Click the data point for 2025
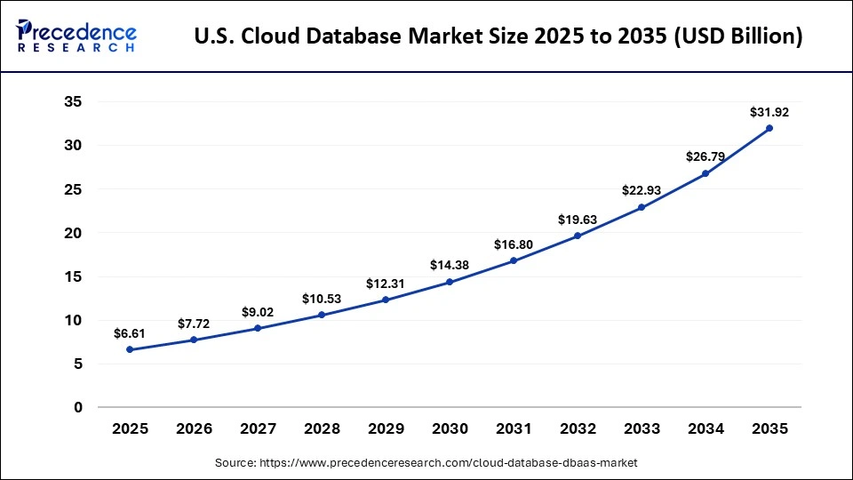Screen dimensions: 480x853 pyautogui.click(x=130, y=349)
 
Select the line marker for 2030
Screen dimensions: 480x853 pyautogui.click(x=450, y=282)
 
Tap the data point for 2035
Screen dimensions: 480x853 pyautogui.click(x=769, y=128)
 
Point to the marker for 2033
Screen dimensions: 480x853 pyautogui.click(x=642, y=207)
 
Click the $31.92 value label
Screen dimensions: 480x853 pyautogui.click(x=769, y=113)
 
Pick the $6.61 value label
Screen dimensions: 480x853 pyautogui.click(x=130, y=333)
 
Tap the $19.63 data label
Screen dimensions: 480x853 pyautogui.click(x=578, y=219)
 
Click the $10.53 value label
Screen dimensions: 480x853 pyautogui.click(x=321, y=298)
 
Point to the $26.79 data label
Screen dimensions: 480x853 pyautogui.click(x=706, y=156)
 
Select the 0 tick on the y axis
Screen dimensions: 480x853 pyautogui.click(x=78, y=407)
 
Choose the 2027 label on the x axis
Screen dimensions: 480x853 pyautogui.click(x=258, y=428)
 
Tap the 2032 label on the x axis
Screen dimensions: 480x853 pyautogui.click(x=578, y=428)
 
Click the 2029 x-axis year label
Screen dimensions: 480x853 pyautogui.click(x=386, y=428)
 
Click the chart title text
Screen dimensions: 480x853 pyautogui.click(x=498, y=36)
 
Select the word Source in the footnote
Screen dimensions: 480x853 pyautogui.click(x=235, y=463)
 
